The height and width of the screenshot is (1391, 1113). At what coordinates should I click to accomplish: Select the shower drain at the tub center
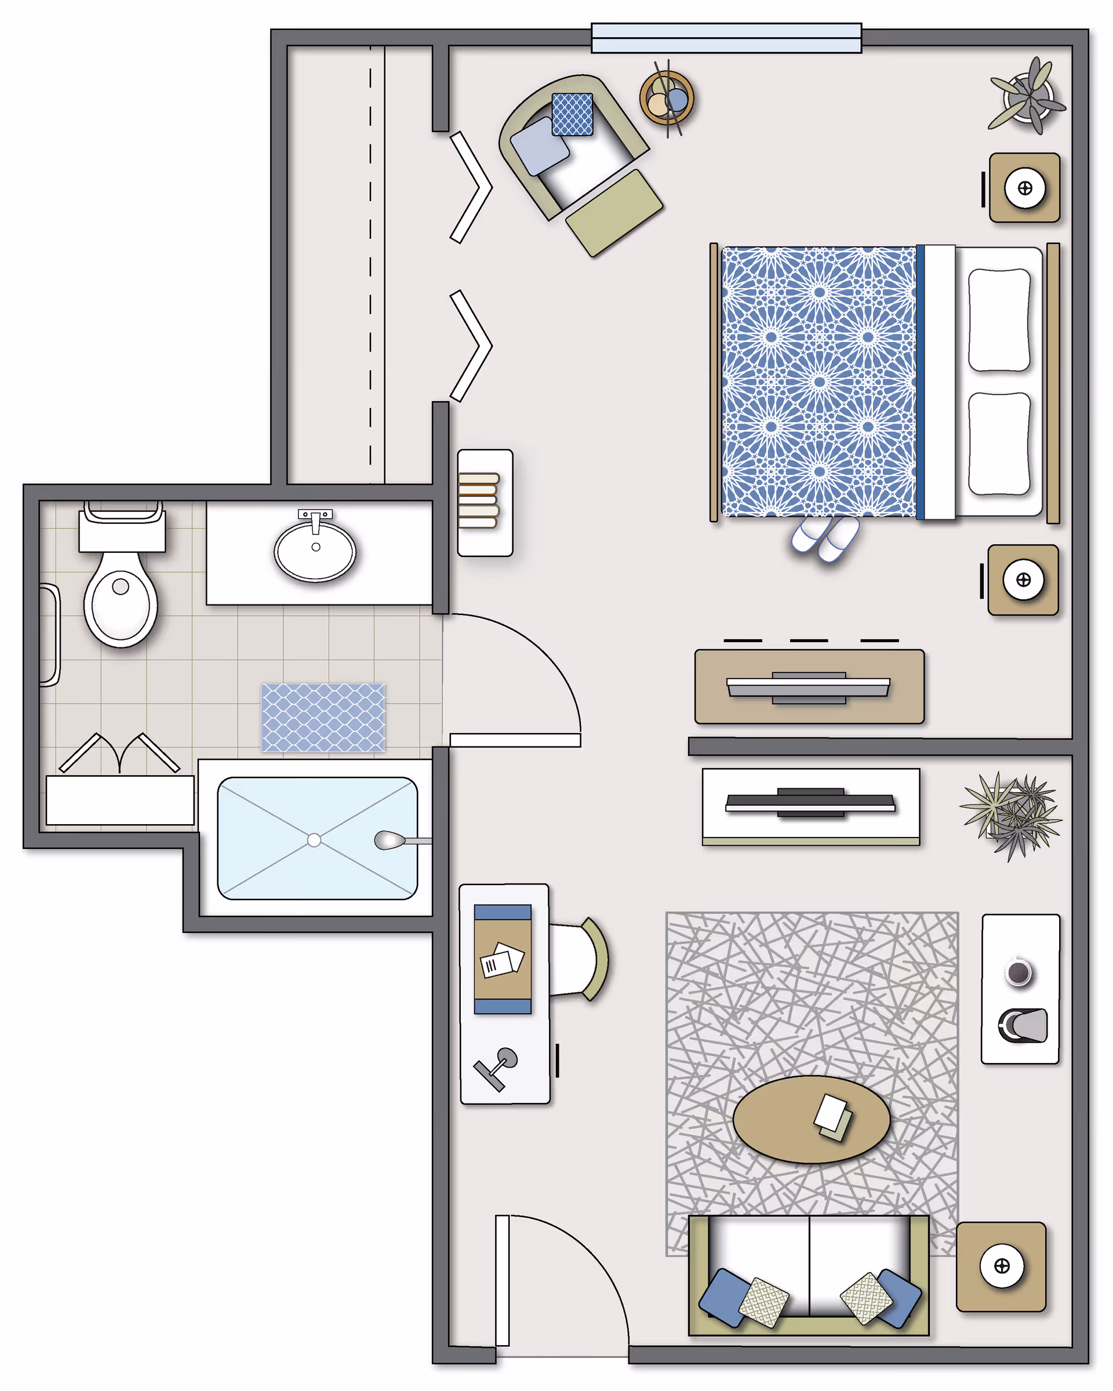coord(314,840)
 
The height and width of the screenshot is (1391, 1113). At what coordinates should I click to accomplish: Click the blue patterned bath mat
coord(323,718)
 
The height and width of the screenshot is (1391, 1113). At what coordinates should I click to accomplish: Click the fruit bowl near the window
coord(667,99)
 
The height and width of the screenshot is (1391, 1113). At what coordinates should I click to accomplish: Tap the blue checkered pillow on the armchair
coord(572,114)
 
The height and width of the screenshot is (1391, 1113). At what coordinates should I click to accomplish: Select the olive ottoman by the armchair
coord(614,212)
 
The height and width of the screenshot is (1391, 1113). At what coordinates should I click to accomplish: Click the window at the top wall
coord(726,38)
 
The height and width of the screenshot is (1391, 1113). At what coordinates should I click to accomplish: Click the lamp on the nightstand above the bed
coord(1025,188)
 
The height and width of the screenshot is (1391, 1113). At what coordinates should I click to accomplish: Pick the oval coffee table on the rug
coord(812,1119)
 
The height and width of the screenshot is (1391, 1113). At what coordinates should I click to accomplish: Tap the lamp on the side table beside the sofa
coord(1001,1266)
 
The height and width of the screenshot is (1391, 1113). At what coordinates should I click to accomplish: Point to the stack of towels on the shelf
coord(479,501)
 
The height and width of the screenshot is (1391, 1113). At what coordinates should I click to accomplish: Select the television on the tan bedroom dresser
coord(809,687)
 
